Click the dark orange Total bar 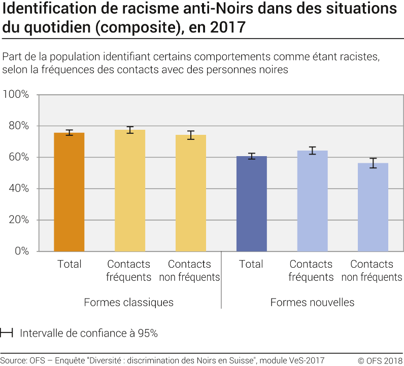point(69,192)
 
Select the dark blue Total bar point(251,204)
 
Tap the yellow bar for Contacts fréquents point(130,191)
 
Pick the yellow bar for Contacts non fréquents point(191,193)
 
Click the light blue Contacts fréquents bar point(312,201)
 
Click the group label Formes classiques point(128,303)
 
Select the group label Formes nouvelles point(312,303)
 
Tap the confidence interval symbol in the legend point(7,334)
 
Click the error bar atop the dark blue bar point(251,156)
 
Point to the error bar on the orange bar point(69,132)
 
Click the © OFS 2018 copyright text point(380,361)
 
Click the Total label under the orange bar point(69,264)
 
